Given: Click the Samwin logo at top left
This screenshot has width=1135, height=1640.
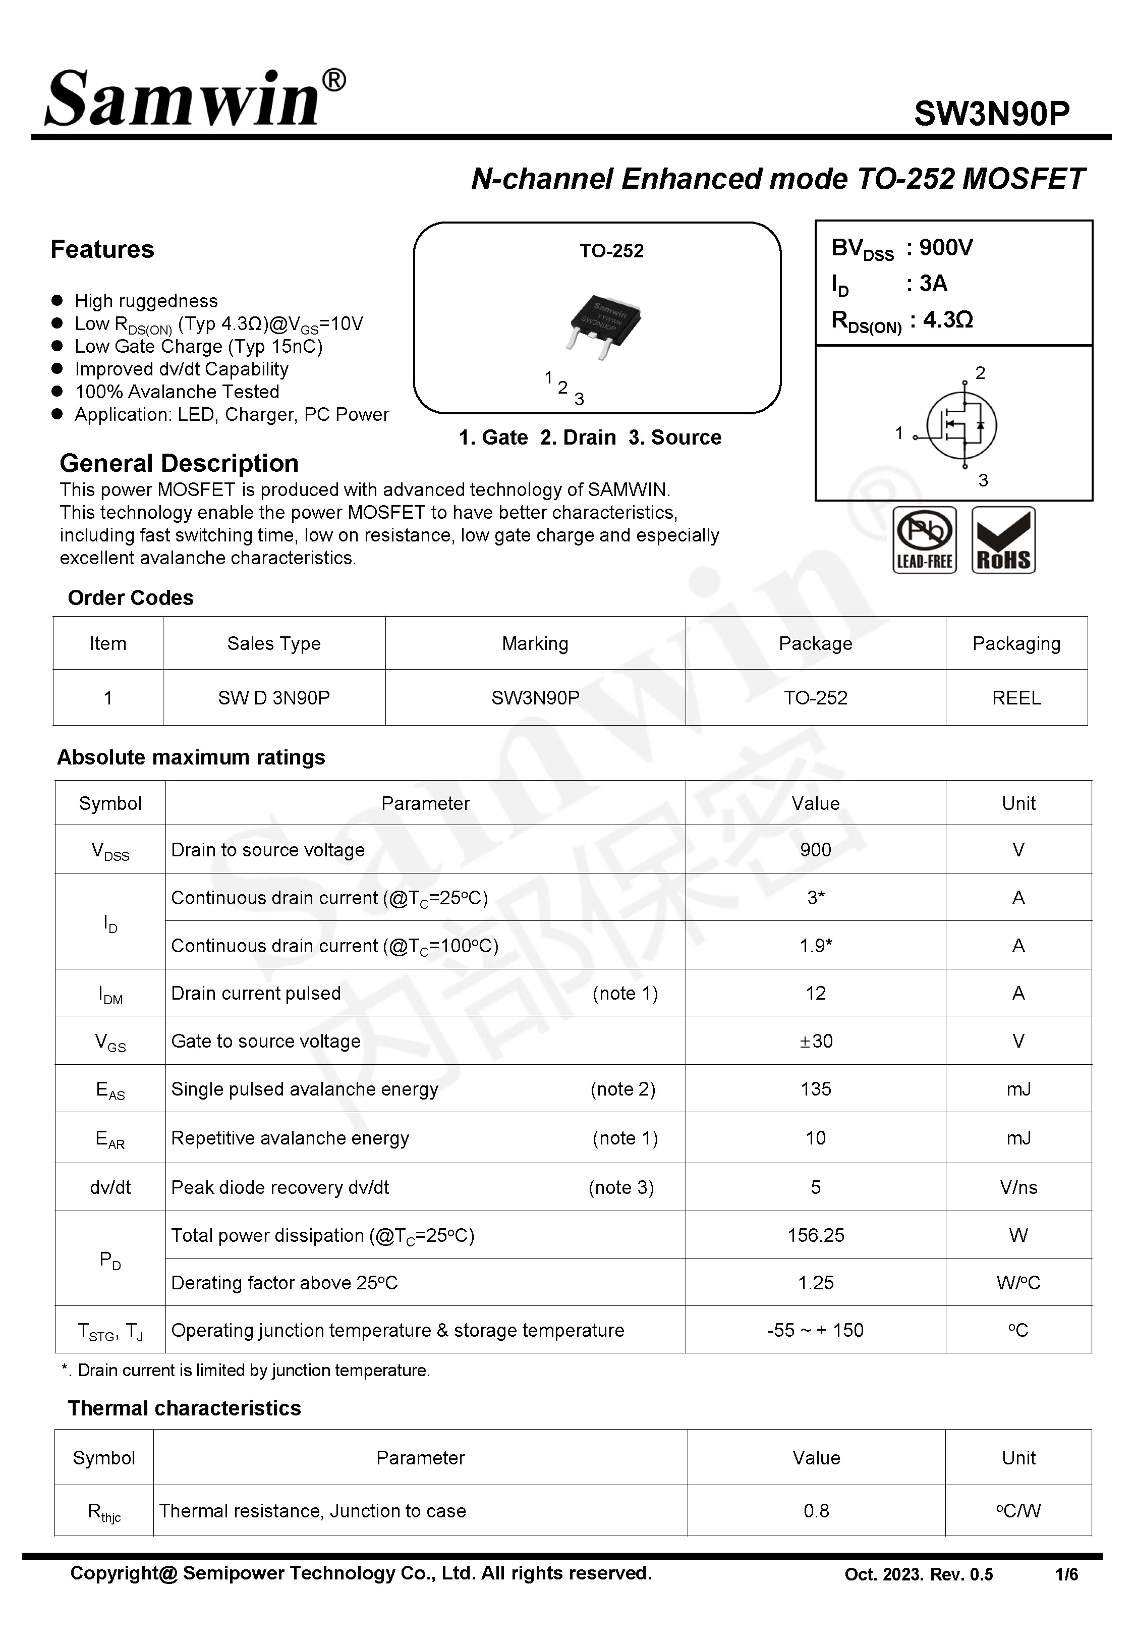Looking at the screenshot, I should tap(193, 99).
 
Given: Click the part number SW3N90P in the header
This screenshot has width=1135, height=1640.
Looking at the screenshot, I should tap(991, 114).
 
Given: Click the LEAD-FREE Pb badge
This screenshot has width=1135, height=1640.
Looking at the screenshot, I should tap(924, 540).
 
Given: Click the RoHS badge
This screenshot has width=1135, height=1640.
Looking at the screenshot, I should tap(1003, 540).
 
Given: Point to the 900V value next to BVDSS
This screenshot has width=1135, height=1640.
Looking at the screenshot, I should tap(946, 247).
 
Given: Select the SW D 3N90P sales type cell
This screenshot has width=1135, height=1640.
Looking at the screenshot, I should tap(274, 698).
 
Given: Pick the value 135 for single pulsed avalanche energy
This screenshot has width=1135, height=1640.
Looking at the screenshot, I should tap(815, 1089).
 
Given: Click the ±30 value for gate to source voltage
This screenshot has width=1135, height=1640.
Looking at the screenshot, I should tap(815, 1041).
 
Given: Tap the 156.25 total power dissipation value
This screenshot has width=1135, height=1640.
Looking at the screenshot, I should tap(815, 1235).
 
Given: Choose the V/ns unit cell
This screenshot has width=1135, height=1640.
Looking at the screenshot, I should tap(1017, 1187).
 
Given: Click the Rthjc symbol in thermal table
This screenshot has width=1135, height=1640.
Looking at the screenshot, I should tap(104, 1511).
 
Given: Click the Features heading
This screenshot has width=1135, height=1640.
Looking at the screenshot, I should tap(102, 250).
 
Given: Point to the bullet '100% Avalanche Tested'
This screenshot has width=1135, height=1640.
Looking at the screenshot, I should tap(177, 392).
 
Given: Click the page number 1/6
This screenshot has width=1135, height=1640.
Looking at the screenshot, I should tap(1066, 1574).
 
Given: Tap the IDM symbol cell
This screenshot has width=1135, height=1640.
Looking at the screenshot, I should tap(110, 994).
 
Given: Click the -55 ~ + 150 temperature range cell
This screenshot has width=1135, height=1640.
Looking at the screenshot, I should tap(815, 1330).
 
